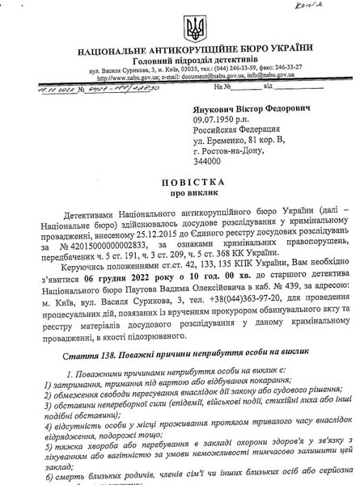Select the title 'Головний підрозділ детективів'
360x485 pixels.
click(x=178, y=67)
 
